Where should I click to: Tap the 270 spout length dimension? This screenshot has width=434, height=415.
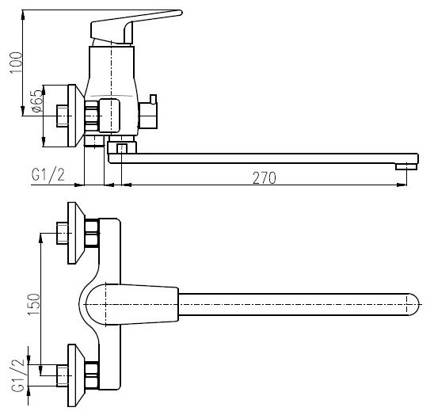click(264, 177)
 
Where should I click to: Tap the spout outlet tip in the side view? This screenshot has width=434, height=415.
click(405, 164)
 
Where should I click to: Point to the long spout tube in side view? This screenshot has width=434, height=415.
click(261, 158)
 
